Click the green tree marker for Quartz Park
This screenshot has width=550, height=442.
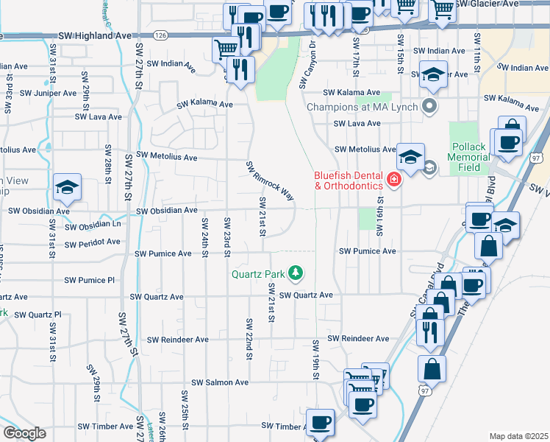(x=296, y=274)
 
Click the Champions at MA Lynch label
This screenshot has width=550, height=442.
(x=362, y=108)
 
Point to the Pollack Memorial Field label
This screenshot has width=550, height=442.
(x=468, y=158)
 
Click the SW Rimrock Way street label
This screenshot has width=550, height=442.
(x=269, y=180)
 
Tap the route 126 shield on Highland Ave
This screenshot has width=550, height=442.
(x=161, y=35)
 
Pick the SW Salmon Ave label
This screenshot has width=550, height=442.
(x=221, y=383)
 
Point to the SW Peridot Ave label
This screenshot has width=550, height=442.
(x=91, y=244)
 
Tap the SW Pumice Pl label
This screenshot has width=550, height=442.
(x=90, y=280)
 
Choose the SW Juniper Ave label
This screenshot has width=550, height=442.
(x=48, y=94)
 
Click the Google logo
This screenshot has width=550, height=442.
(x=24, y=433)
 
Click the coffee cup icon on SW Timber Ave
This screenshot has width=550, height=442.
(x=321, y=423)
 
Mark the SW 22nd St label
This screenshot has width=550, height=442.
(x=250, y=340)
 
